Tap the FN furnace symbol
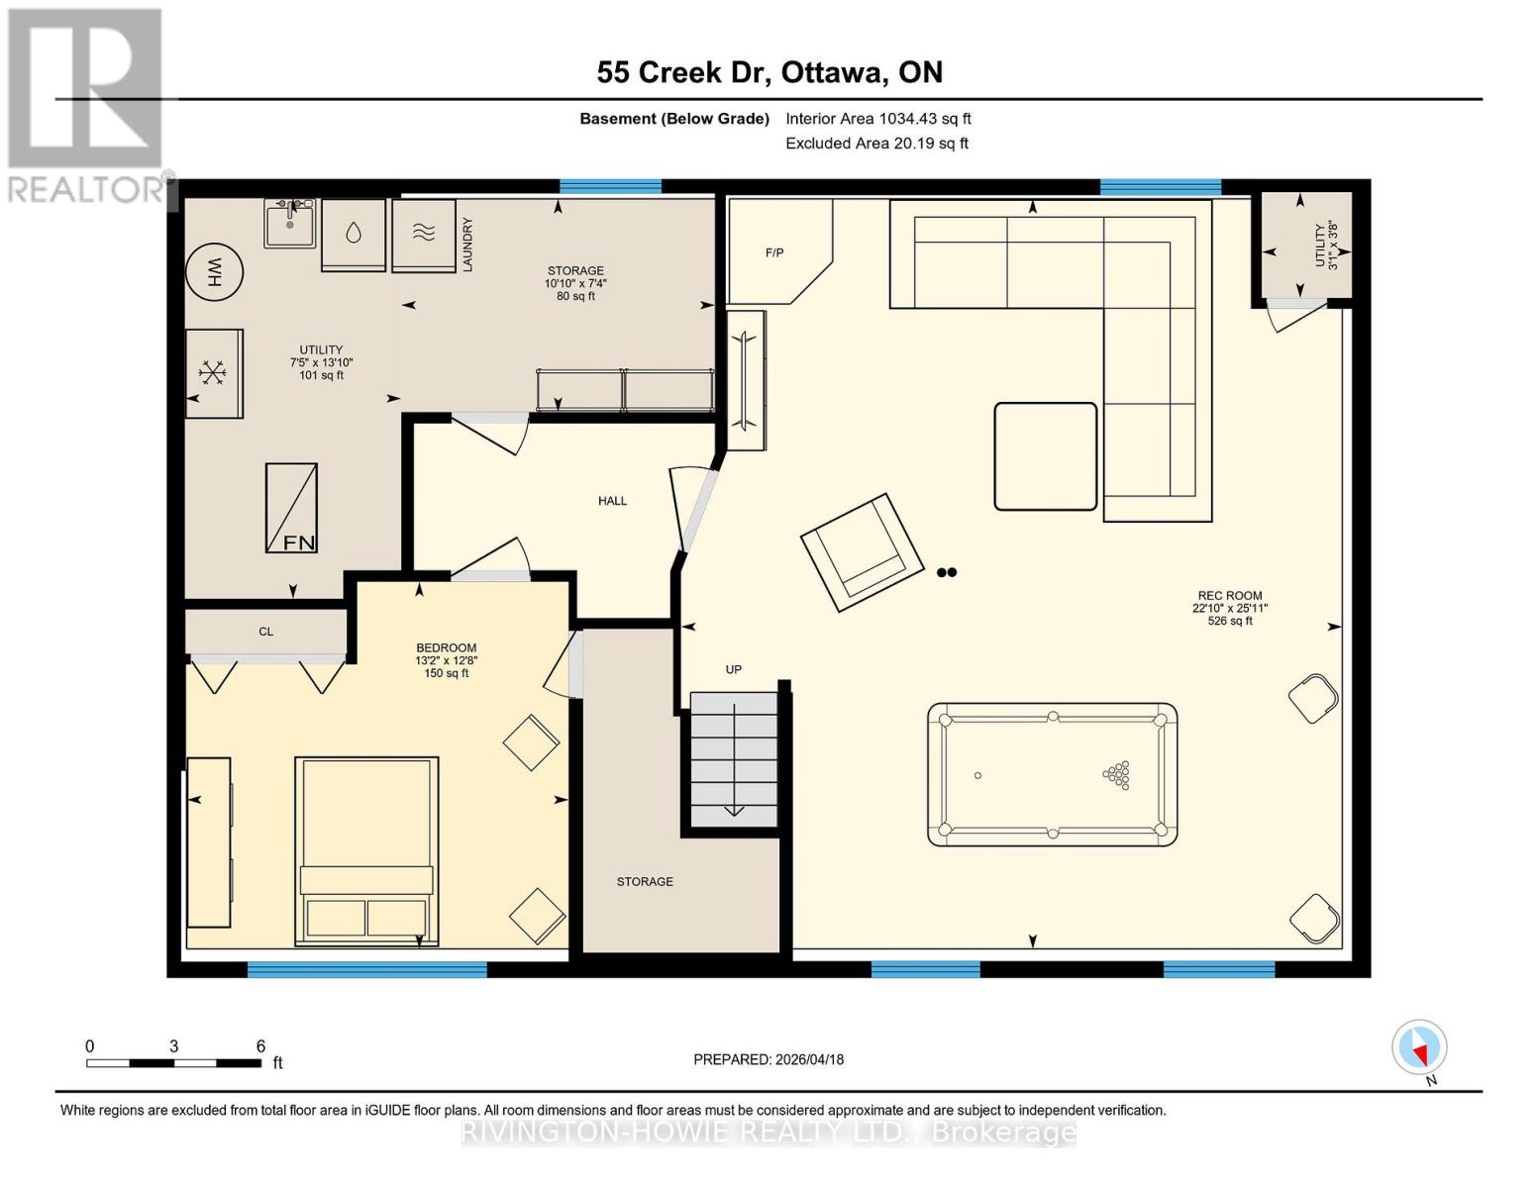(291, 508)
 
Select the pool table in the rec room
(1052, 774)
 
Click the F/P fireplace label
(774, 253)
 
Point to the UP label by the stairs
(734, 669)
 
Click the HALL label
(612, 501)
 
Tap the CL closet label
(265, 632)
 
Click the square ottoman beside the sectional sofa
(1045, 456)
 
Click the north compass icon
(1419, 1047)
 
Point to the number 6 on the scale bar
(260, 1046)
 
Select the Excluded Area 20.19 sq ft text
(876, 144)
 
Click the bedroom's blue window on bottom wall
(366, 970)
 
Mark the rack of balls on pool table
(1117, 774)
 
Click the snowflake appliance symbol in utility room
(213, 373)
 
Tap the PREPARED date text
(769, 1059)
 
